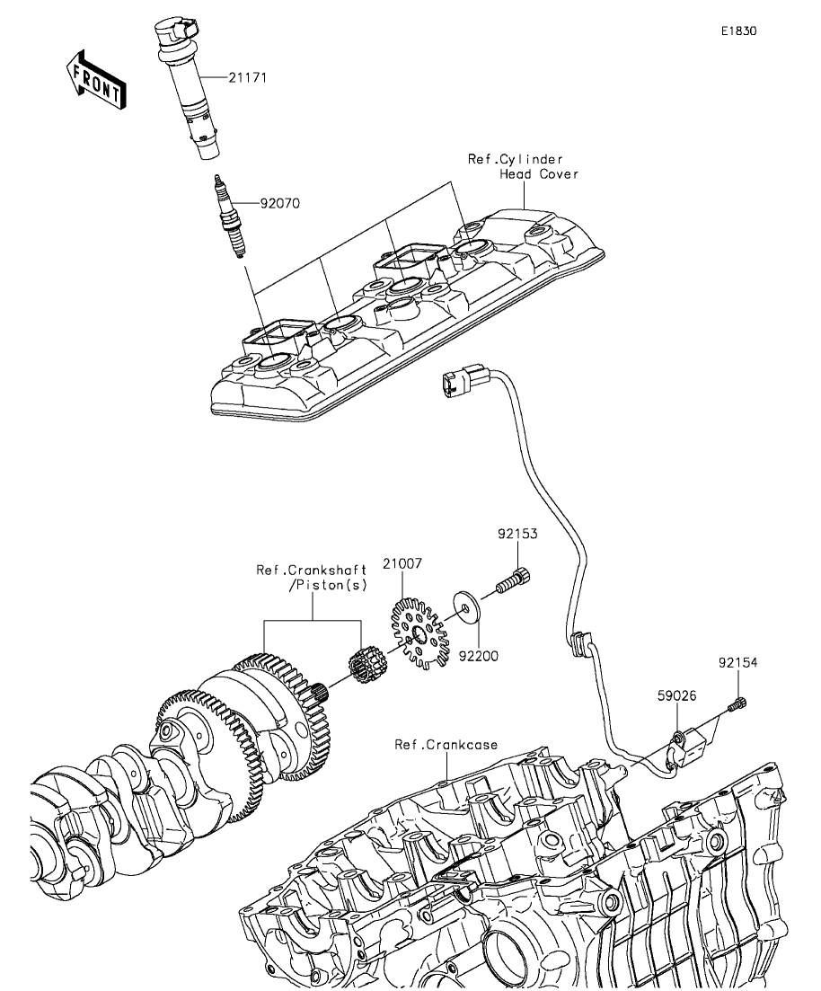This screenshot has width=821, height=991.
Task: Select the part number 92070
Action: point(279,204)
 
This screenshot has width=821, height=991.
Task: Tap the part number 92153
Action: point(518,534)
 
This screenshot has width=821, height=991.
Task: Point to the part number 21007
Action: point(402,564)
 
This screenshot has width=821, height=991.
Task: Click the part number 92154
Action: point(738,663)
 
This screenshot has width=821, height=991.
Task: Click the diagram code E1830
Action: point(738,31)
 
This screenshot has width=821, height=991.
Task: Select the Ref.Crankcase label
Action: point(446,745)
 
